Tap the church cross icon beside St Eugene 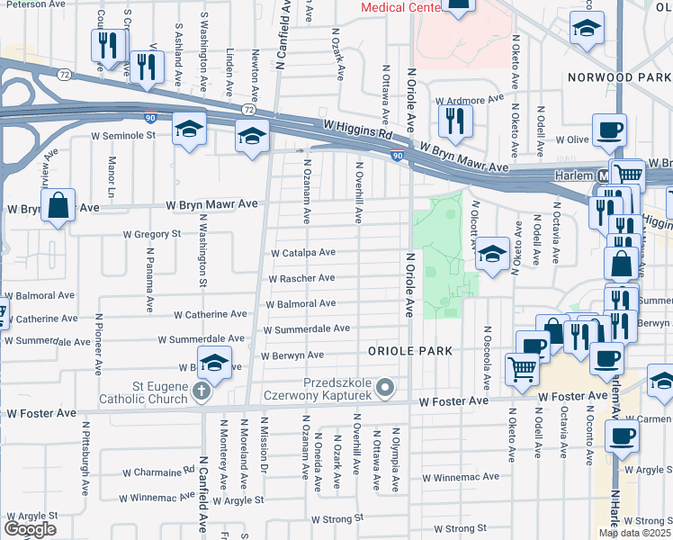(x=202, y=392)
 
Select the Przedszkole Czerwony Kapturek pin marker (x=386, y=389)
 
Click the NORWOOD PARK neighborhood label (x=619, y=77)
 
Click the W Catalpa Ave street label (x=303, y=253)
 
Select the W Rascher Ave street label (x=303, y=278)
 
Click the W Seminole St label (x=123, y=136)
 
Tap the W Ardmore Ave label (x=468, y=100)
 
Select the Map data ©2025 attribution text (x=635, y=533)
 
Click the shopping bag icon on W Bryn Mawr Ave (x=58, y=205)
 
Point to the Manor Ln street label (x=112, y=180)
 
